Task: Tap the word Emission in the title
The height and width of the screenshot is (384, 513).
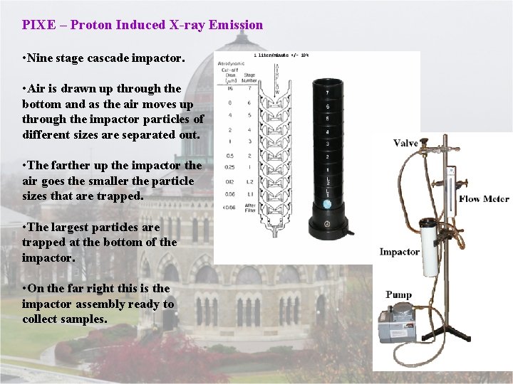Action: click(238, 25)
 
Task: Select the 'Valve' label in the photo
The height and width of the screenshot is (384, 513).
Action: click(405, 143)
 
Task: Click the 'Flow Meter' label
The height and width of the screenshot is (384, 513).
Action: click(484, 198)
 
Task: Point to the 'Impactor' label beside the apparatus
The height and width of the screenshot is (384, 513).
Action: click(399, 252)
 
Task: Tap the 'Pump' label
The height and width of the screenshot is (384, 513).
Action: click(399, 294)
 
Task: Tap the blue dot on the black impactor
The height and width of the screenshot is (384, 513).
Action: click(327, 204)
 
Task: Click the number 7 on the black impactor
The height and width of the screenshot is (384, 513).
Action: click(327, 93)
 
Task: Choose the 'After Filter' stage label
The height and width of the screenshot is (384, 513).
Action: click(249, 208)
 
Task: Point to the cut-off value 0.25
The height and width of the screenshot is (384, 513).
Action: click(229, 168)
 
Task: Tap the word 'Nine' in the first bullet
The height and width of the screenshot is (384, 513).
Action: click(40, 58)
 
